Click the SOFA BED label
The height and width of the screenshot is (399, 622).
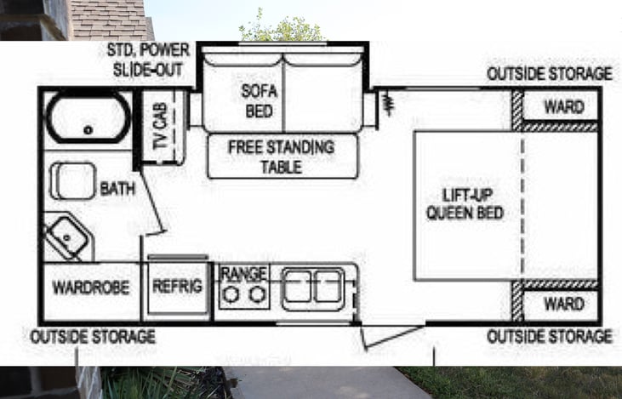coord(260,100)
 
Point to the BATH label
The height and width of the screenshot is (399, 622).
coord(117,189)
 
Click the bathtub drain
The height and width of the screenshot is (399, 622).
coord(88,130)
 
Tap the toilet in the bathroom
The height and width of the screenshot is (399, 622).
coord(72,180)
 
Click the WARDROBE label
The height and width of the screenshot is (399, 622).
coord(91,288)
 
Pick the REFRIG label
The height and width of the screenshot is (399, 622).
coord(177,287)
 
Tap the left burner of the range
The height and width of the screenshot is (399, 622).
coord(231,294)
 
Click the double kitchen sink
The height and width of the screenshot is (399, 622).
coord(312,287)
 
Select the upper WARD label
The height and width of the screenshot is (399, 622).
coord(563,107)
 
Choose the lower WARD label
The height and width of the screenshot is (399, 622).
coord(563,304)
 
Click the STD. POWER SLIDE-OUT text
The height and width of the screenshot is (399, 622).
coord(149,59)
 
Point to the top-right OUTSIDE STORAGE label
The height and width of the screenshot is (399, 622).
coord(549,73)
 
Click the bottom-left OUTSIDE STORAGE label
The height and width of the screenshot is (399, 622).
coord(93,337)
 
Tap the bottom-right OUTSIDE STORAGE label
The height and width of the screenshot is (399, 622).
coord(549,337)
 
